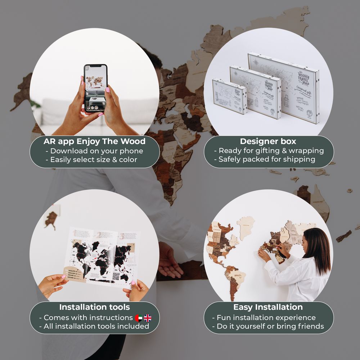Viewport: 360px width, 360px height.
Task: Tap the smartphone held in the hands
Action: pyautogui.click(x=96, y=89)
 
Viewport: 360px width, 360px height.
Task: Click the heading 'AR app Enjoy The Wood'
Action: pyautogui.click(x=94, y=141)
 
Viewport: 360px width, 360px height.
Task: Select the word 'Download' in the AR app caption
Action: pyautogui.click(x=68, y=151)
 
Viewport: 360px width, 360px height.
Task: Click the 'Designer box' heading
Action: pyautogui.click(x=269, y=141)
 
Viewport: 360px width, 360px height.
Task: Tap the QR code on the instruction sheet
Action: pyautogui.click(x=116, y=276)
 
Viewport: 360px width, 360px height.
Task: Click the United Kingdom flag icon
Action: pyautogui.click(x=148, y=318)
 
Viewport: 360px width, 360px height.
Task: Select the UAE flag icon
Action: pyautogui.click(x=139, y=318)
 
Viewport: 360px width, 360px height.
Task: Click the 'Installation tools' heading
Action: pyautogui.click(x=94, y=307)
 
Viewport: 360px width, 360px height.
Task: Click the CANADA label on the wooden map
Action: pyautogui.click(x=217, y=229)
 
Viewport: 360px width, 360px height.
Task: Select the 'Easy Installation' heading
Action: pyautogui.click(x=268, y=307)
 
